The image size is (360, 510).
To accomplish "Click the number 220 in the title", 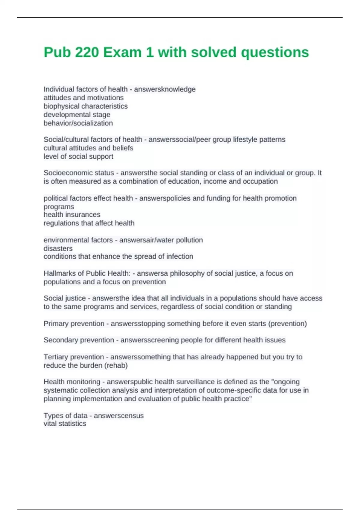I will click(x=87, y=52).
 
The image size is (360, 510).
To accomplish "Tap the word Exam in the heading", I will click(x=122, y=52).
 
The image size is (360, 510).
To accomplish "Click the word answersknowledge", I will click(x=165, y=89).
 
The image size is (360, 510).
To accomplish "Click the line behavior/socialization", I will click(x=78, y=123).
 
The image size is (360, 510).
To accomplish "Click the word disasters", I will click(x=58, y=249).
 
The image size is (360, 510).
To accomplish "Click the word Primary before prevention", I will click(x=56, y=324).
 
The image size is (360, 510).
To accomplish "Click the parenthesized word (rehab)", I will click(x=116, y=366).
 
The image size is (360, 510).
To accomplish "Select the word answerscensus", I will click(x=119, y=416).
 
